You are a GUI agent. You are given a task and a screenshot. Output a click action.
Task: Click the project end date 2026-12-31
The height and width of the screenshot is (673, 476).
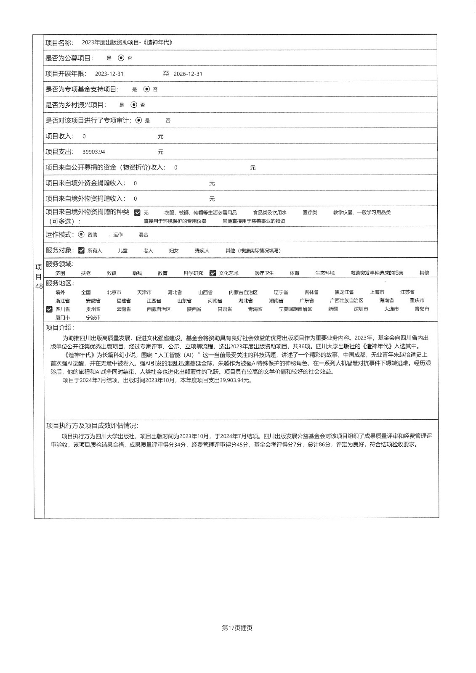click(188, 74)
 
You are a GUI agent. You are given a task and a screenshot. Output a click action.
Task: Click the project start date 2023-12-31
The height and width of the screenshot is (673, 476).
click(109, 74)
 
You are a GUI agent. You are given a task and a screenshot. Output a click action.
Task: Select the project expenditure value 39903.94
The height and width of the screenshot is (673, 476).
click(94, 152)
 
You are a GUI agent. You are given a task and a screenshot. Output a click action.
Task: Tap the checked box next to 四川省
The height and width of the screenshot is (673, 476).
click(49, 309)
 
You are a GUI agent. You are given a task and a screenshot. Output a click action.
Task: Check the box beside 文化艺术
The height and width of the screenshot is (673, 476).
click(213, 273)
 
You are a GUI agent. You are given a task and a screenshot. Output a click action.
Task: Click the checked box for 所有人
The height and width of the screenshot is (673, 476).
click(81, 250)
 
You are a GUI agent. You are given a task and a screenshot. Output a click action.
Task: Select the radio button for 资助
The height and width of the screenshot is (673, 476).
click(81, 235)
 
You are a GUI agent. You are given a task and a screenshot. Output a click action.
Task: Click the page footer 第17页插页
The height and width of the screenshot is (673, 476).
click(237, 628)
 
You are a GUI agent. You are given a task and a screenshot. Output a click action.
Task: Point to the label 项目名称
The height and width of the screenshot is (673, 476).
click(59, 42)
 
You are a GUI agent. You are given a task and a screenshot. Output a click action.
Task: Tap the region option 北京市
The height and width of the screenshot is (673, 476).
click(114, 292)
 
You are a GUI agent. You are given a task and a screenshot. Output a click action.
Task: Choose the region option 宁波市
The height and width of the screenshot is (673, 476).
click(93, 318)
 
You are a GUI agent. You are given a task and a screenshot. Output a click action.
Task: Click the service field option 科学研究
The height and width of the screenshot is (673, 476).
click(193, 273)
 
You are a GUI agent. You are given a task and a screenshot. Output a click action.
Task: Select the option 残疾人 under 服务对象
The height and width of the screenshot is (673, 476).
click(202, 251)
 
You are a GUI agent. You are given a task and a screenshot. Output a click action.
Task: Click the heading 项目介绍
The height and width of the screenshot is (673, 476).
click(59, 328)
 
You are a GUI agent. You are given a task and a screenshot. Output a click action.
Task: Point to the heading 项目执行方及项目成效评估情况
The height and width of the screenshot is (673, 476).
click(92, 426)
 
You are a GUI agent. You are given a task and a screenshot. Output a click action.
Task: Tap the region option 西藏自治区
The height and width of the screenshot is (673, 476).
click(159, 309)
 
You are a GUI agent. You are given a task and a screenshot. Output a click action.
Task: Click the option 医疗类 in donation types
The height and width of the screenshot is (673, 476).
click(310, 212)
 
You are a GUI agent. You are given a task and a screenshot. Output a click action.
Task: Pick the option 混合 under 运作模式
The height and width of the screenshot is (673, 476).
click(143, 235)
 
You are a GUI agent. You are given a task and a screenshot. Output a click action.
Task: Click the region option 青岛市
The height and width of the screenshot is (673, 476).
click(422, 309)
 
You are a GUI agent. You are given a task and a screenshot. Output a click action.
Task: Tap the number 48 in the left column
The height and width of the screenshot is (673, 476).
click(39, 286)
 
